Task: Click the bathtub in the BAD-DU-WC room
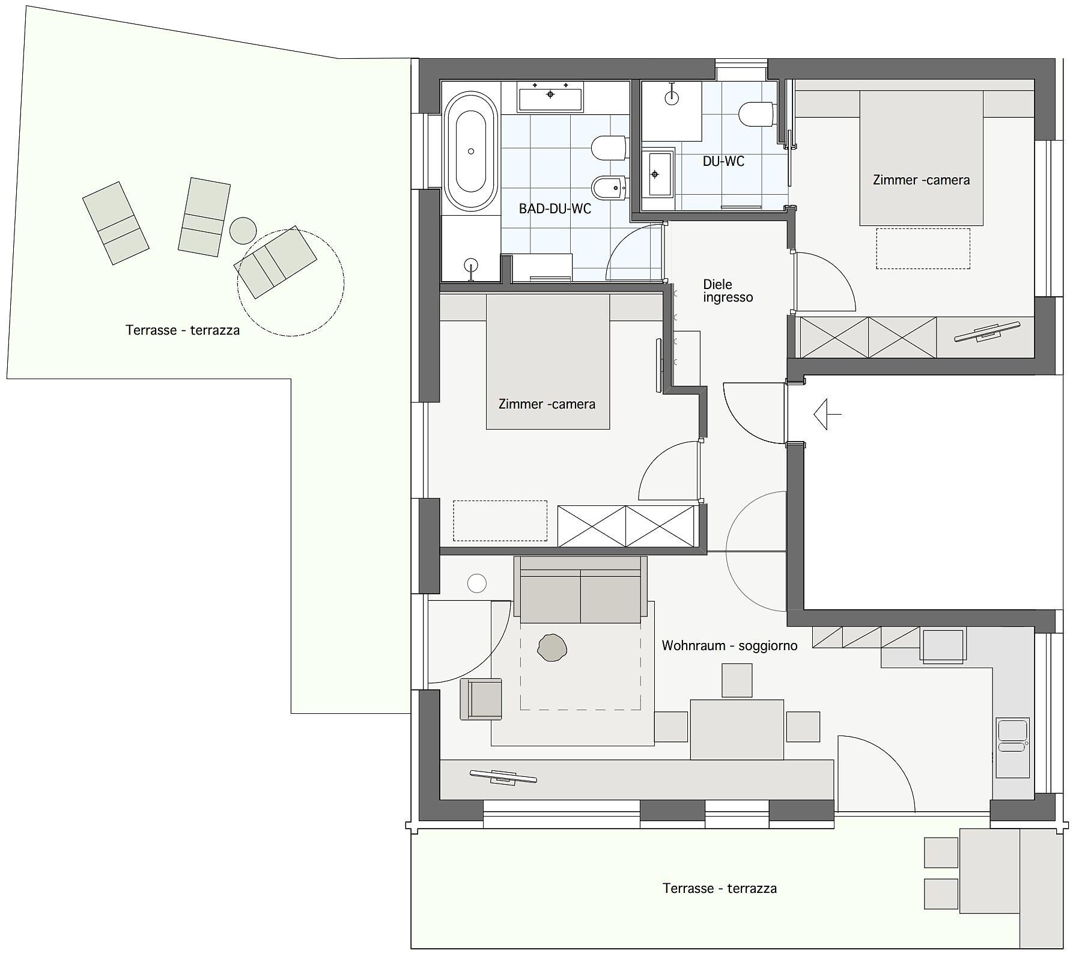(471, 151)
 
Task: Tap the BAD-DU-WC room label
(555, 209)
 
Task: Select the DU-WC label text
(723, 161)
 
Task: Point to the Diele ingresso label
(728, 291)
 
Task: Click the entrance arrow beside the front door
(827, 414)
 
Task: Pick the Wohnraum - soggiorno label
(729, 646)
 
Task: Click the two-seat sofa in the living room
(580, 589)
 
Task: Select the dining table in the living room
(737, 729)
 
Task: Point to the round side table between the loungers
(243, 230)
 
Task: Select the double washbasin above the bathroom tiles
(550, 97)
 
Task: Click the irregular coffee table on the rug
(552, 648)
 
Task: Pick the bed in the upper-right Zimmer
(921, 159)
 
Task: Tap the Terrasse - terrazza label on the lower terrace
(720, 888)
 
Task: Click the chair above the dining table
(737, 680)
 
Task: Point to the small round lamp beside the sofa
(477, 583)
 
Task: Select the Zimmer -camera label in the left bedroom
(547, 404)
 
